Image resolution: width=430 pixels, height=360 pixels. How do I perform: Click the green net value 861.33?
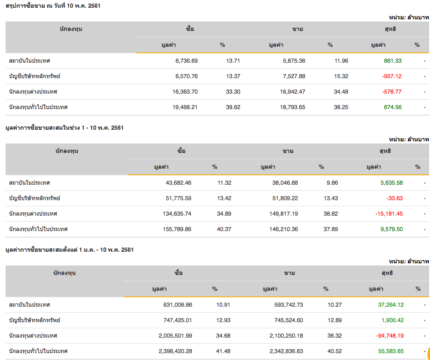[393, 61]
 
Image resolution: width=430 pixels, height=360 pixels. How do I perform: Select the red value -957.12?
[392, 76]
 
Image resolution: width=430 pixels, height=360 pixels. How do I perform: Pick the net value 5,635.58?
[391, 183]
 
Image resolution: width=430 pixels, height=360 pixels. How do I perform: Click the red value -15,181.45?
[388, 214]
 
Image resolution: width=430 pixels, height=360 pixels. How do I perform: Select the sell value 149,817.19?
[279, 214]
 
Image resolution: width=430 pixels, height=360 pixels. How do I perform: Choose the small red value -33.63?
[394, 198]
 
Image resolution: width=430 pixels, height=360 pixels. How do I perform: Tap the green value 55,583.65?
[391, 351]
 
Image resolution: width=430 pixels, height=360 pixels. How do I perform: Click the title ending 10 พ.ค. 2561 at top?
[53, 6]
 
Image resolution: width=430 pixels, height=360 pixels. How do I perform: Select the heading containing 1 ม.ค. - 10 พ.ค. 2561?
[69, 250]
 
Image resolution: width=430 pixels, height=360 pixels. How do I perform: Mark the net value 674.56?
[393, 107]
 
